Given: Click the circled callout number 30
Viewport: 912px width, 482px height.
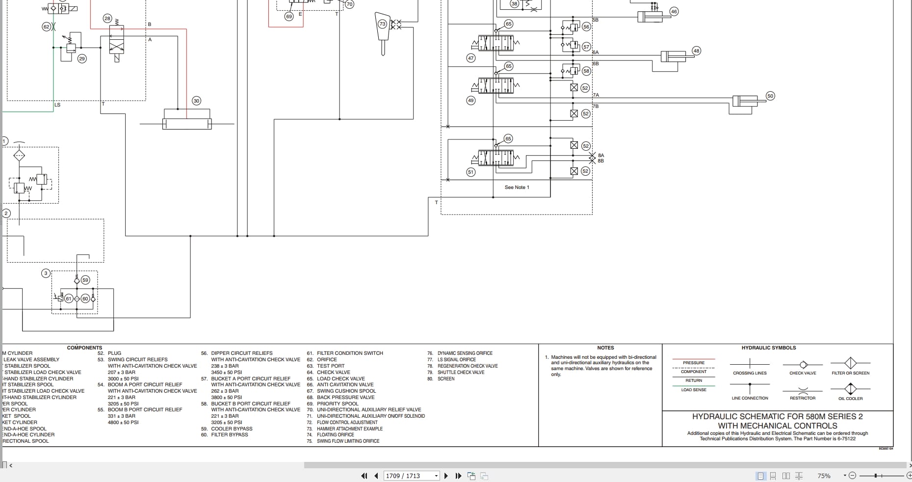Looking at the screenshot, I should coord(196,101).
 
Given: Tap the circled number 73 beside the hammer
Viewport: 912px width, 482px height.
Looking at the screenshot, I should coord(382,24).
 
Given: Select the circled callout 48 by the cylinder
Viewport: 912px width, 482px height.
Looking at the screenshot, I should coord(696,51).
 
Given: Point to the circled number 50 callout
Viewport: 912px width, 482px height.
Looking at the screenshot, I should coord(770,96).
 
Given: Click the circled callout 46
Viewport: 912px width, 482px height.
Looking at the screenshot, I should coord(674,11).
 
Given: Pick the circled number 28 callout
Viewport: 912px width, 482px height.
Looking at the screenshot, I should coord(107,18).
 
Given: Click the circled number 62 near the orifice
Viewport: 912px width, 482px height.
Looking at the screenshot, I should coord(47,27).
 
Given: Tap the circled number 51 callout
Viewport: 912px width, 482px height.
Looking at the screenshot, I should coord(470,172).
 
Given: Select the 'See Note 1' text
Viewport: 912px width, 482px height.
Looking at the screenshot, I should coord(517,187).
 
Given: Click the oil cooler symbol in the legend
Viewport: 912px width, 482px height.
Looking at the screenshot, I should coord(850,389).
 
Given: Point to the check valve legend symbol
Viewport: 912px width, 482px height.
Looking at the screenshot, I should coord(803,365).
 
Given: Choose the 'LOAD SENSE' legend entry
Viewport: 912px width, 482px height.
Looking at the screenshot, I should coord(693,390).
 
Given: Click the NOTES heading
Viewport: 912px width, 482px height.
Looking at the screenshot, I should coord(605,348).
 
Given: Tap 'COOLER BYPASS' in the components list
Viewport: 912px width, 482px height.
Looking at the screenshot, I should coord(232,428).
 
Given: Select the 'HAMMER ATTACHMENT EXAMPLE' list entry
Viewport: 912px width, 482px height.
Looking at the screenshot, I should coord(349,428).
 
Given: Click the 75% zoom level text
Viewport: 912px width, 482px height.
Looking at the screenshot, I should coord(824,476).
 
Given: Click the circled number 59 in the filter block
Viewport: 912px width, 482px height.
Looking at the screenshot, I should coord(85,280).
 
